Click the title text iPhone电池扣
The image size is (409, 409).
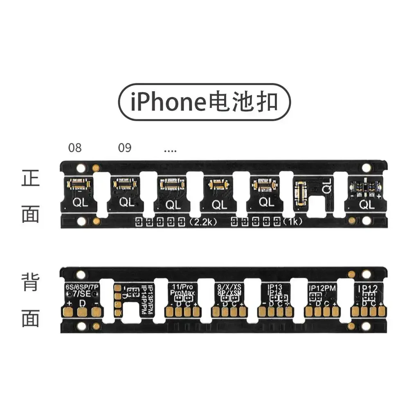point(204,102)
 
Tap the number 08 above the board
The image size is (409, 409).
point(75,148)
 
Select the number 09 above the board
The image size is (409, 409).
point(125,148)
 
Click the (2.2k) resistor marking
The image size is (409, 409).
point(203,222)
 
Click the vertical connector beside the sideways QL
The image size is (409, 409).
point(301,191)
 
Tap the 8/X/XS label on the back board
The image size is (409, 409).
point(229,287)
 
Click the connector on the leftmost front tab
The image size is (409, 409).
point(79,184)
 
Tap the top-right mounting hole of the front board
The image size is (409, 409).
point(366,168)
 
